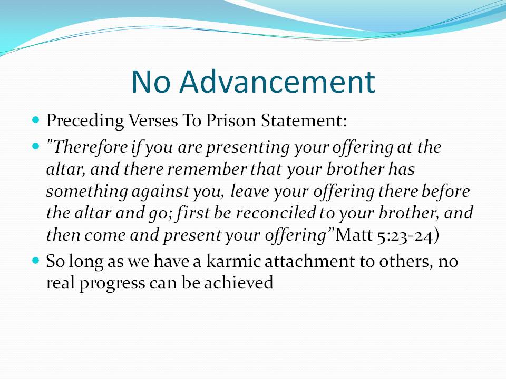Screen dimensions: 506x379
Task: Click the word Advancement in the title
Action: [x=277, y=82]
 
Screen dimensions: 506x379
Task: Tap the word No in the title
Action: [x=150, y=82]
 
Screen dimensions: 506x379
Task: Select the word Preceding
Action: [x=85, y=121]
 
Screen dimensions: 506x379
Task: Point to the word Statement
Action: [x=304, y=121]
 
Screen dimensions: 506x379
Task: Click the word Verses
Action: [x=153, y=121]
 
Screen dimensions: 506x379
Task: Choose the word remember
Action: [x=207, y=169]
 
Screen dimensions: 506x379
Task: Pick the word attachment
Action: [x=309, y=261]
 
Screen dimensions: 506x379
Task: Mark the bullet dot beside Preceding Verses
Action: [x=36, y=120]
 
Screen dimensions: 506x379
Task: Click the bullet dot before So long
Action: [x=36, y=260]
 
